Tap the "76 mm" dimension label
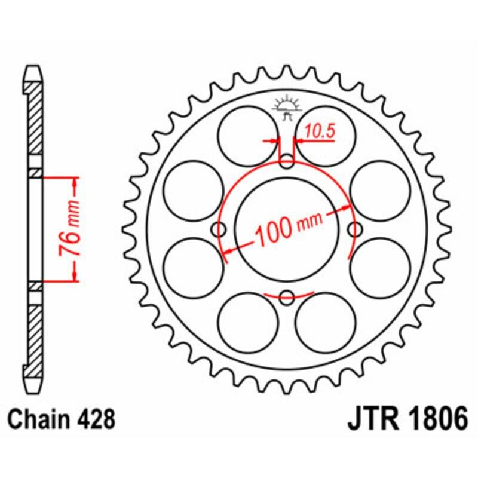click(71, 228)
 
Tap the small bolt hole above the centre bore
click(287, 160)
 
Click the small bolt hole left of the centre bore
click(220, 228)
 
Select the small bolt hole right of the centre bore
click(356, 228)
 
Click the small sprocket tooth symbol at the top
click(286, 107)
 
